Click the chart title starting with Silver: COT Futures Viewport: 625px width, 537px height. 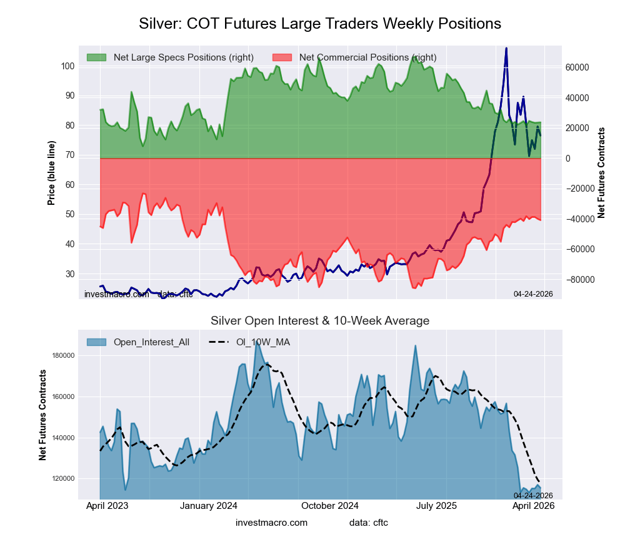pos(319,24)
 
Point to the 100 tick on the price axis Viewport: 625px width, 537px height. pos(68,66)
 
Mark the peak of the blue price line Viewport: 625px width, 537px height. pos(506,48)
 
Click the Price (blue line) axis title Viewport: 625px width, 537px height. pos(51,173)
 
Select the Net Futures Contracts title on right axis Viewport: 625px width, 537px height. pos(601,173)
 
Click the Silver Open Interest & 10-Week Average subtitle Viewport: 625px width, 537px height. pos(319,321)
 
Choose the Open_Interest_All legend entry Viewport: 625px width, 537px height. pos(151,342)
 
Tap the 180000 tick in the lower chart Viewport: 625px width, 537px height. pos(62,356)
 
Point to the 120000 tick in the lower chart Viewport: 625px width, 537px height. pos(62,479)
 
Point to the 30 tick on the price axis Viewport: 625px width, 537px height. pos(69,274)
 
